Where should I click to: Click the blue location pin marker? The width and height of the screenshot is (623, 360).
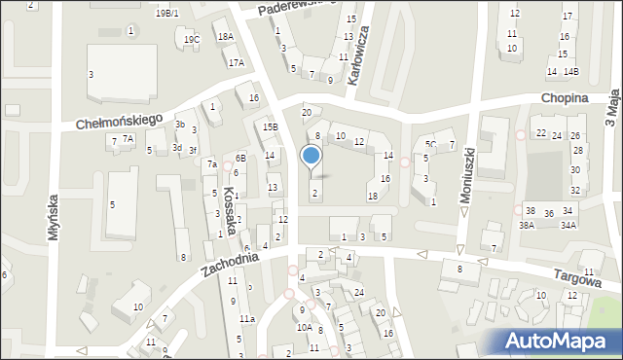point(311,156)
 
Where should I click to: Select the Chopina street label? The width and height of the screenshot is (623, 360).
point(566,99)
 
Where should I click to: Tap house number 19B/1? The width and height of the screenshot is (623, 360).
point(166,13)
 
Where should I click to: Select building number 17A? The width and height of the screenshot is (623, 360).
point(236,62)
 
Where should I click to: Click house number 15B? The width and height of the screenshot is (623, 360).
point(270,126)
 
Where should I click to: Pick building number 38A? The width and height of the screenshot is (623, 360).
point(527,225)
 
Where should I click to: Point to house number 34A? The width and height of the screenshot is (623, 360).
point(568,225)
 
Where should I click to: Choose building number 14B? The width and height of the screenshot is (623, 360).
point(570,72)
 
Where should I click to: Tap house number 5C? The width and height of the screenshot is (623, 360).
point(430,144)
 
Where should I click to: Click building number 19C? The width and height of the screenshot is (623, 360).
point(192,39)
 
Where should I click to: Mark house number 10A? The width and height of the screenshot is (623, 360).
point(304,328)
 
